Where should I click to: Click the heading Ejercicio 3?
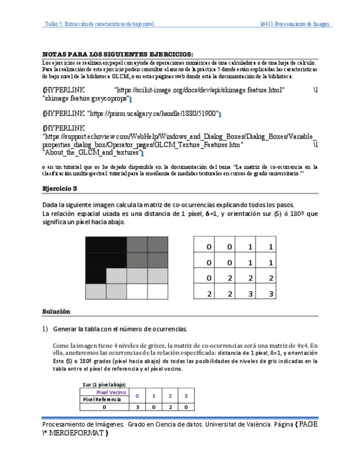[60, 188]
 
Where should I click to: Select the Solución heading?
[56, 312]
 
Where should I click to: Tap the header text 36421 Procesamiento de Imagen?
[295, 24]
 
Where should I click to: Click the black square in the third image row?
[95, 275]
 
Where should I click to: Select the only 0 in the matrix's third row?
[209, 279]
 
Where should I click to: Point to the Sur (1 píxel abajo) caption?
[104, 384]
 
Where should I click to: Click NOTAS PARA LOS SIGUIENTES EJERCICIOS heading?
[118, 54]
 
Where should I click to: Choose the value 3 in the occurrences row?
[137, 407]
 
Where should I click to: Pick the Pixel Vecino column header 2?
[170, 396]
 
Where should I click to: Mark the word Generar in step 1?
[65, 329]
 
